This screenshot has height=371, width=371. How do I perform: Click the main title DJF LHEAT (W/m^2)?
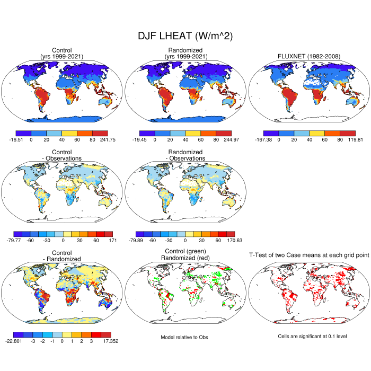point(185,36)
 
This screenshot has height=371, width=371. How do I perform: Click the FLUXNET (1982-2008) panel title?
point(308,56)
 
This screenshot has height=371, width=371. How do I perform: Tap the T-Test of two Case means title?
point(308,255)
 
